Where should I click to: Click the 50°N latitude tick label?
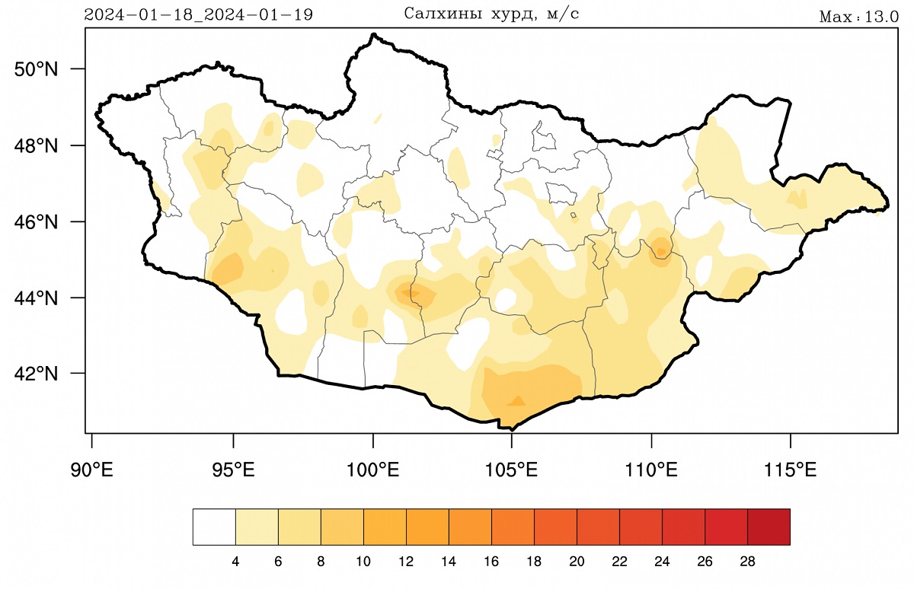tap(37, 69)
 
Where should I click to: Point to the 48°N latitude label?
tap(37, 145)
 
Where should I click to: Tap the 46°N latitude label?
tap(37, 222)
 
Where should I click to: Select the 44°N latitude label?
tap(37, 298)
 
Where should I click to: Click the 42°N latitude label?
tap(37, 374)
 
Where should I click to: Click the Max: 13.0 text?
tap(858, 17)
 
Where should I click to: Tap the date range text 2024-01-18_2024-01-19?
tap(198, 14)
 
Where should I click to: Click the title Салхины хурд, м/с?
tap(491, 14)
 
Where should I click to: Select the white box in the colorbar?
tap(214, 527)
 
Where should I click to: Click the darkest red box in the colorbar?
tap(769, 527)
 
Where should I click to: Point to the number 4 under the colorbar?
tap(235, 562)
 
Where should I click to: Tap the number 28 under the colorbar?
tap(747, 562)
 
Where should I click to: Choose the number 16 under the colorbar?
tap(491, 562)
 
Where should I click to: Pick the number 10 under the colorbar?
tap(363, 562)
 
